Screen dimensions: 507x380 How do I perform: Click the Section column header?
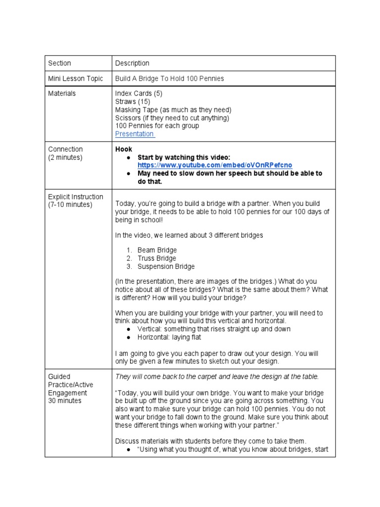pyautogui.click(x=59, y=63)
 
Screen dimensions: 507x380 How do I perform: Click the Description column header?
pyautogui.click(x=132, y=63)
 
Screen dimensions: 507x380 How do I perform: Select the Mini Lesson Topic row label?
pyautogui.click(x=76, y=79)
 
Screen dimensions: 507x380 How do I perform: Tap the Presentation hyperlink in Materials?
pyautogui.click(x=135, y=134)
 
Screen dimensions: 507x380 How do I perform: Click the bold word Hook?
pyautogui.click(x=124, y=149)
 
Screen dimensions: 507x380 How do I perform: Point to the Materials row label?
pyautogui.click(x=62, y=94)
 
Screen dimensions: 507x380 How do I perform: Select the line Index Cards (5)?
pyautogui.click(x=139, y=94)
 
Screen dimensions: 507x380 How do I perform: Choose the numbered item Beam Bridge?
pyautogui.click(x=157, y=251)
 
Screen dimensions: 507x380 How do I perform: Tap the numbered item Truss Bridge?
pyautogui.click(x=156, y=258)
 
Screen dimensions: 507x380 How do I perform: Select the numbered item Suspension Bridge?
pyautogui.click(x=166, y=266)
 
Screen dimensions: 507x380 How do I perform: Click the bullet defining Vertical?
pyautogui.click(x=214, y=329)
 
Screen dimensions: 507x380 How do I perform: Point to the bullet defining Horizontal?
pyautogui.click(x=169, y=337)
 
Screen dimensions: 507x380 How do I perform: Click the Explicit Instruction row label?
pyautogui.click(x=76, y=197)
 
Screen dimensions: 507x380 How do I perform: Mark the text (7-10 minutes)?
pyautogui.click(x=70, y=204)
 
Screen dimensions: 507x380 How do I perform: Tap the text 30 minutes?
pyautogui.click(x=65, y=401)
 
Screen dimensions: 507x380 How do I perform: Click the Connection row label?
pyautogui.click(x=65, y=149)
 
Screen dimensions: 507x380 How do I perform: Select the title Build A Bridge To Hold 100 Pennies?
pyautogui.click(x=169, y=79)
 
